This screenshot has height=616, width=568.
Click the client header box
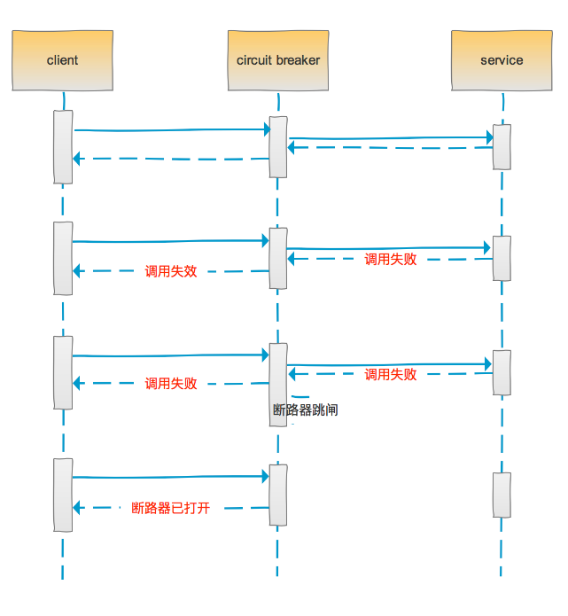pyautogui.click(x=62, y=60)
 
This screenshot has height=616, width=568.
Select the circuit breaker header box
pyautogui.click(x=278, y=60)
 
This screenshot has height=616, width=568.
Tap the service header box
pyautogui.click(x=502, y=60)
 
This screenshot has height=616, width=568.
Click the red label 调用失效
pyautogui.click(x=171, y=271)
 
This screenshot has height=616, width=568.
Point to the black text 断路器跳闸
pyautogui.click(x=305, y=409)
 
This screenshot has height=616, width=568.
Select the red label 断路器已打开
pyautogui.click(x=171, y=508)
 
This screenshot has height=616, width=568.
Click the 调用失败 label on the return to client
pyautogui.click(x=171, y=384)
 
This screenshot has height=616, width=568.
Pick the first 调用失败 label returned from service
pyautogui.click(x=391, y=259)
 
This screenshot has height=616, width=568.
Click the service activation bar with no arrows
pyautogui.click(x=502, y=495)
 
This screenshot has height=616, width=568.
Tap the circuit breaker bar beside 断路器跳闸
pyautogui.click(x=278, y=384)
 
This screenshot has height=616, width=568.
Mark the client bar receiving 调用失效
pyautogui.click(x=62, y=258)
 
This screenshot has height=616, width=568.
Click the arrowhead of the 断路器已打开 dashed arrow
pyautogui.click(x=77, y=508)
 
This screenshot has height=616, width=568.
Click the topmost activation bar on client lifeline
pyautogui.click(x=62, y=146)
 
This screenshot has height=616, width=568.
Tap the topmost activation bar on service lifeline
pyautogui.click(x=502, y=146)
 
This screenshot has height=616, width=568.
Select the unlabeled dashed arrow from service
pyautogui.click(x=390, y=148)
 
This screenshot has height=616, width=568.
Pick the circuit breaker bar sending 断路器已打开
pyautogui.click(x=278, y=495)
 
